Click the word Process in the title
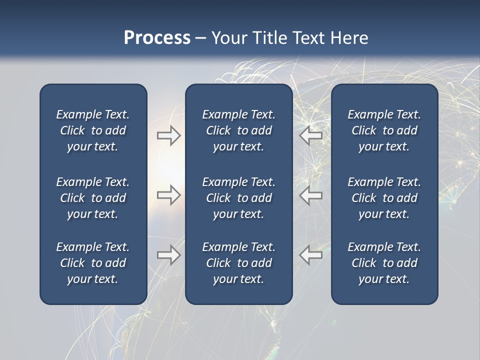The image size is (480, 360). (x=157, y=38)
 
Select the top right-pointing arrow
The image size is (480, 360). (x=168, y=135)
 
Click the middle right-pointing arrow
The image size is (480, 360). (x=168, y=195)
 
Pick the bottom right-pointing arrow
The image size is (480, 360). (x=168, y=255)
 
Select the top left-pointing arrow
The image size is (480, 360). (x=311, y=135)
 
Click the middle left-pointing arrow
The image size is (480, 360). (x=311, y=195)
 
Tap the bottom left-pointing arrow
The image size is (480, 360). (x=311, y=255)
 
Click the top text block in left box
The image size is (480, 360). (x=93, y=130)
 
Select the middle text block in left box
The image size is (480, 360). (x=93, y=198)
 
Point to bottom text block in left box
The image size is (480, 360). (x=93, y=263)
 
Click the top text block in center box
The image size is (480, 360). (x=238, y=130)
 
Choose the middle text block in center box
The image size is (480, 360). (x=238, y=198)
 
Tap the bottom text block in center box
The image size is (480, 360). (x=238, y=263)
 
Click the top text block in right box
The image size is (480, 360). (x=384, y=130)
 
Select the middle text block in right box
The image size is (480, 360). (x=384, y=198)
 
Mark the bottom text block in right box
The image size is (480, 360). (x=384, y=263)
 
